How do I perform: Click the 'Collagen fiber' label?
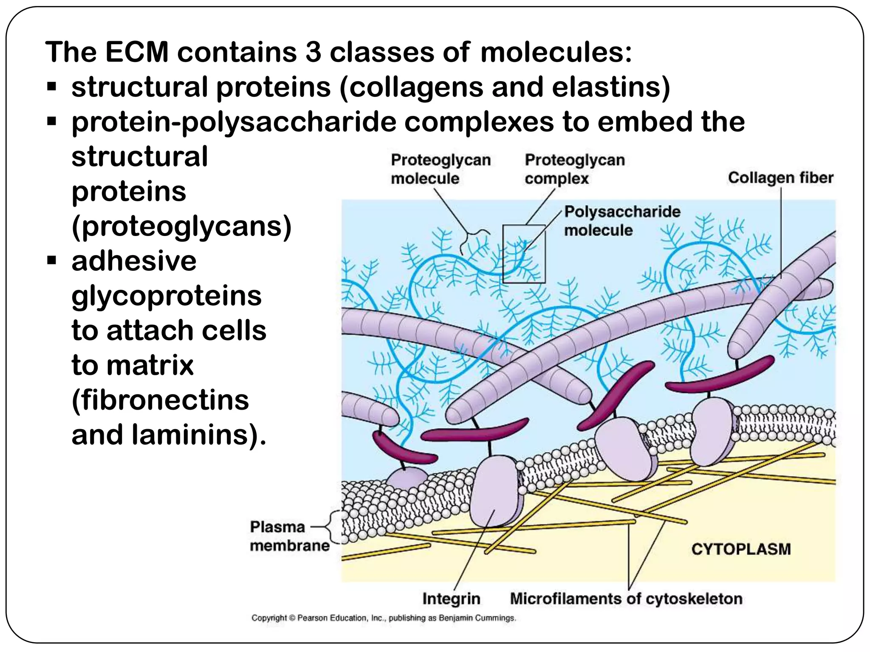780,177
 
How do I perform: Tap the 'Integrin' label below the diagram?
451,599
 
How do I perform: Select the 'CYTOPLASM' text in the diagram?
741,549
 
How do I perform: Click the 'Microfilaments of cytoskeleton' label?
626,599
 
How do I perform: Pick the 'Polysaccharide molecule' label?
622,221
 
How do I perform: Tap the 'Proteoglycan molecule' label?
441,169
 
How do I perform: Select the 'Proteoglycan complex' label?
574,169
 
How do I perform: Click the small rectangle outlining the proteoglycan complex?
524,253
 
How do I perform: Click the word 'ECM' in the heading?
137,52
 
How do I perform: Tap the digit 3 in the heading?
313,52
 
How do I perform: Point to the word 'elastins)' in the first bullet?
610,87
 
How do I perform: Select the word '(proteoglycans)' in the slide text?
181,226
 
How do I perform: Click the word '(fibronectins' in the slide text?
160,400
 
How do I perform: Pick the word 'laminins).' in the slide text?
199,435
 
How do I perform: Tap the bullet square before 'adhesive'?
52,261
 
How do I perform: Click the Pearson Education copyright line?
384,618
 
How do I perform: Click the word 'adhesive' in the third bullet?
134,261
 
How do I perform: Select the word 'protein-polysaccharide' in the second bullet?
234,122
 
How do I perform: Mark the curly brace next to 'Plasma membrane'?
336,527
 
